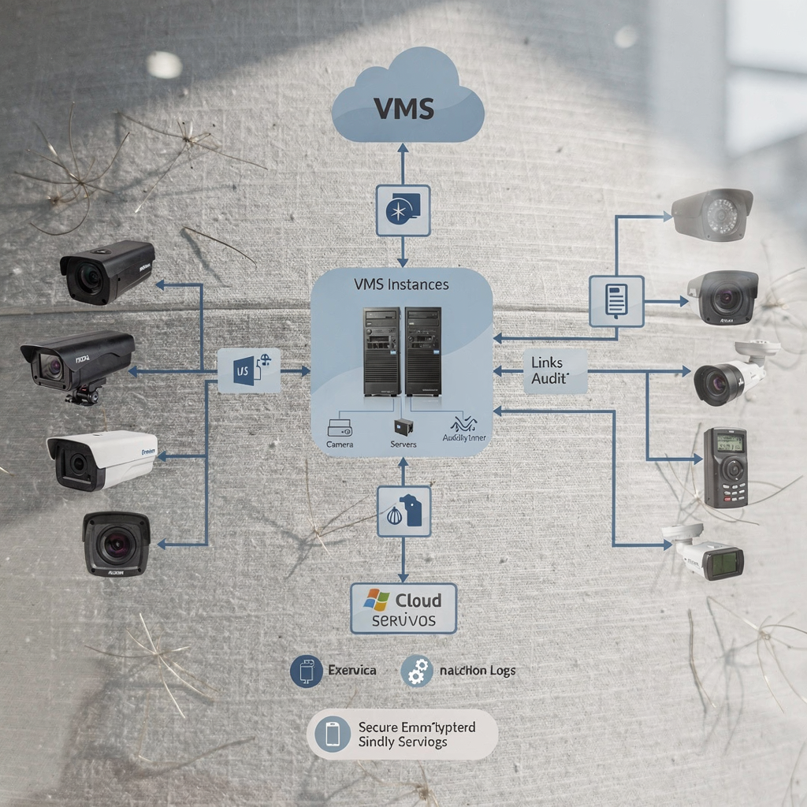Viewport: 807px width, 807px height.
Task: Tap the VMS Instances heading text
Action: [401, 284]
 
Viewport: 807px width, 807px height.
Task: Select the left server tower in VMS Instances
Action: [381, 351]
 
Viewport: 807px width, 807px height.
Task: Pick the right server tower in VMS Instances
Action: [422, 351]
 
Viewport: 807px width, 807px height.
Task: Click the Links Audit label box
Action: [555, 371]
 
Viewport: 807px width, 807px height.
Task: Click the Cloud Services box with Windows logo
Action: [403, 608]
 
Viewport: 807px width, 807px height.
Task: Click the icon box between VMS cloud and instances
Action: [403, 210]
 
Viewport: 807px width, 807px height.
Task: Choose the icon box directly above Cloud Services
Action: [403, 511]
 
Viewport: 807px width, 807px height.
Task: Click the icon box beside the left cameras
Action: [249, 370]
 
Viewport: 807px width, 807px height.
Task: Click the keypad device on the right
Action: [724, 467]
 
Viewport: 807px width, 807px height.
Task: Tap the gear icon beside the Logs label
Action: [417, 671]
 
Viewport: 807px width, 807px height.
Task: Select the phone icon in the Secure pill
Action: [333, 734]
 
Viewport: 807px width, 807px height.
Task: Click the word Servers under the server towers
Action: [403, 444]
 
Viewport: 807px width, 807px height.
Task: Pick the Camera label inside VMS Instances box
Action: [340, 444]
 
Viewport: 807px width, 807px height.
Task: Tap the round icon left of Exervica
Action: [307, 671]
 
